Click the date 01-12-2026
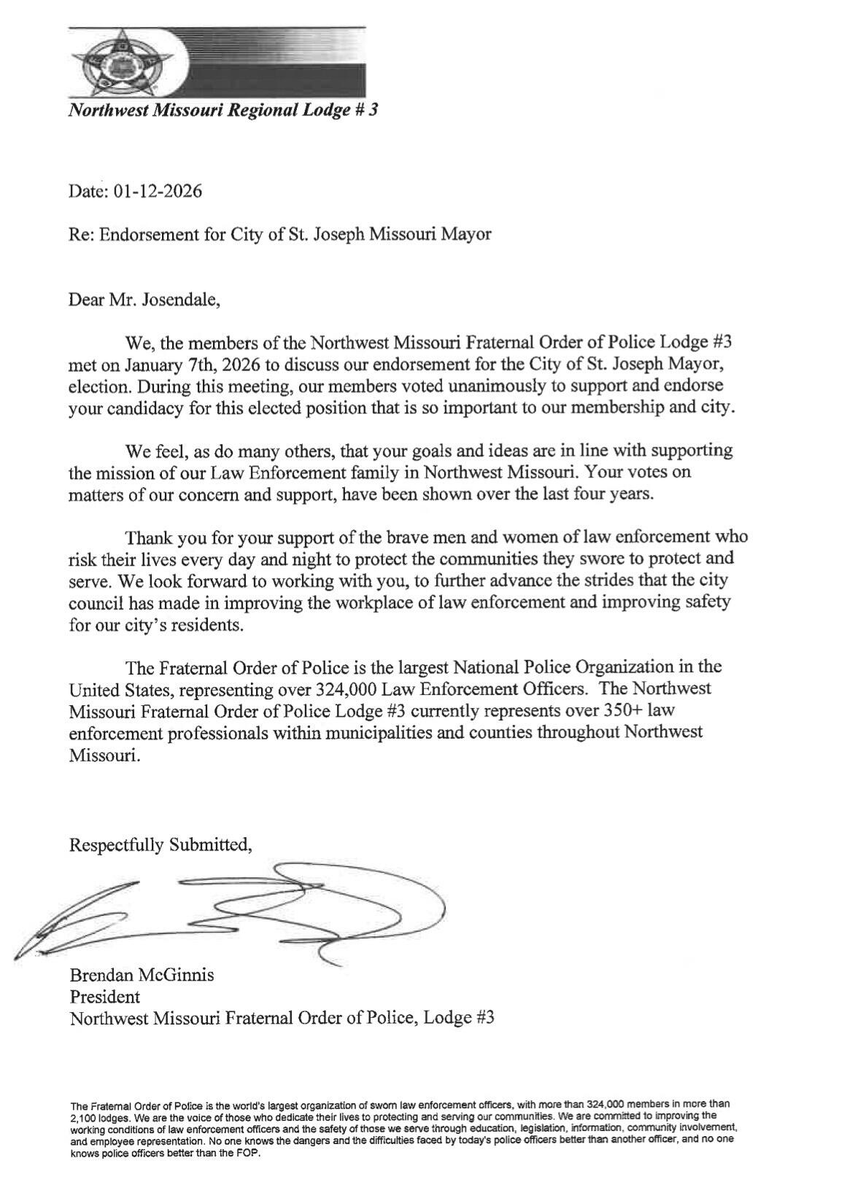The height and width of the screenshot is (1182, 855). (x=157, y=192)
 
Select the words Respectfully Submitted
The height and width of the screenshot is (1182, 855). (x=160, y=845)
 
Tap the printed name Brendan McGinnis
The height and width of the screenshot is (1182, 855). (x=142, y=975)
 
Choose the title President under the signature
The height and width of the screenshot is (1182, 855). (x=105, y=996)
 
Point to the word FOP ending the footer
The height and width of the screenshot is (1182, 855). (x=249, y=1154)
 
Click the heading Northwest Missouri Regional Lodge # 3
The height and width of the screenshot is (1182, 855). (x=223, y=111)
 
